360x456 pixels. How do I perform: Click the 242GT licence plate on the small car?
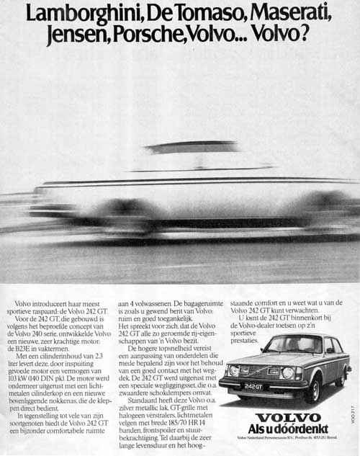[x=251, y=387]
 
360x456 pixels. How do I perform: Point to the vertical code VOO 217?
[x=354, y=421]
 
